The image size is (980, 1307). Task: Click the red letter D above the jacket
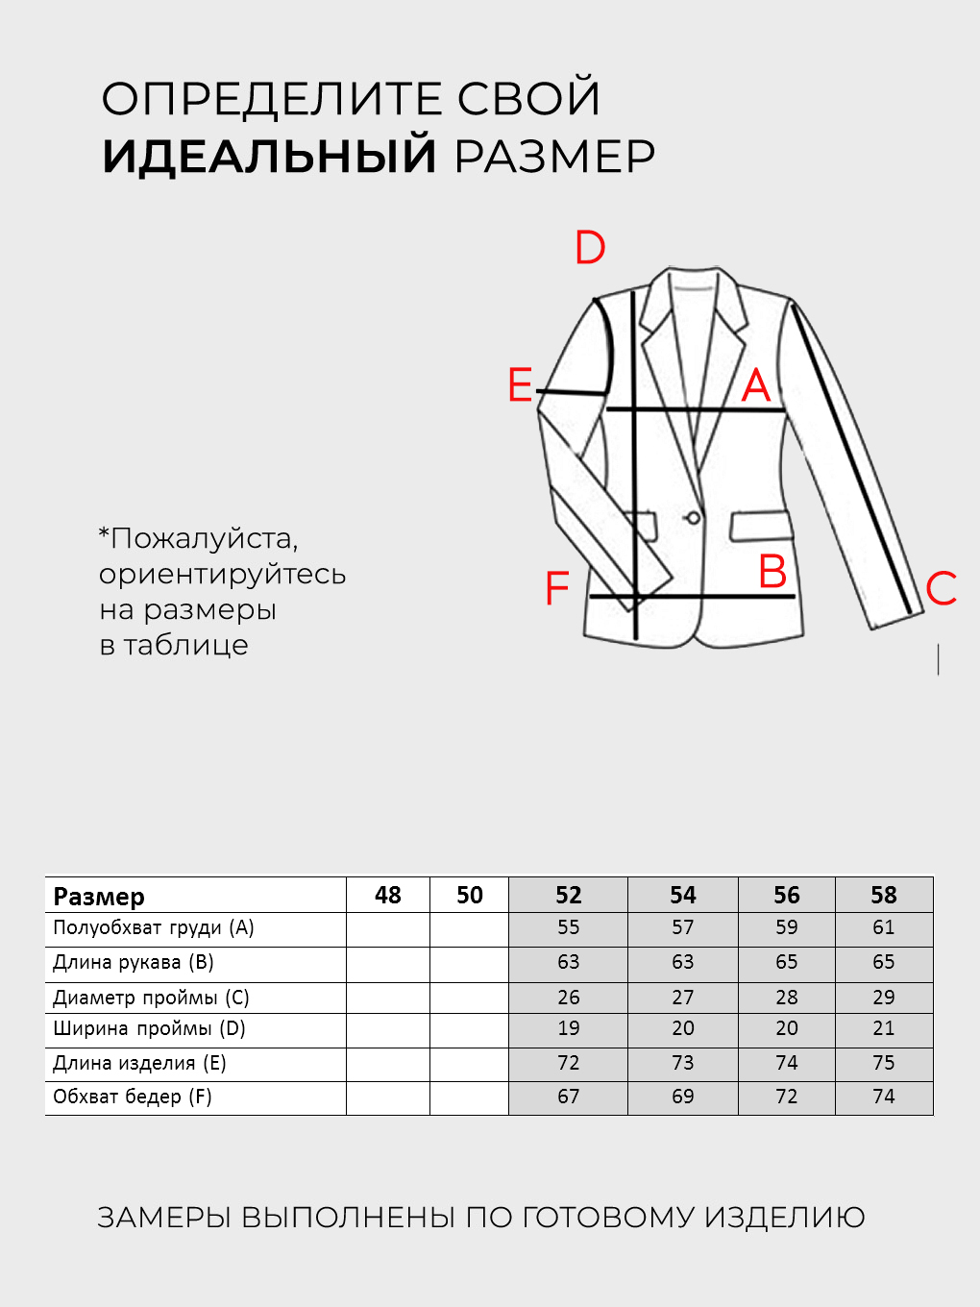[590, 248]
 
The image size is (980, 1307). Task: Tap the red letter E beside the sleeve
[520, 385]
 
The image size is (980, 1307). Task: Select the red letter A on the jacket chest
[756, 386]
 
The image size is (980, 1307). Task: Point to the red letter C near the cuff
[942, 588]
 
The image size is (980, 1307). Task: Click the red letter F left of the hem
[557, 588]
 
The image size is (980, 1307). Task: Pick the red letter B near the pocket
[772, 572]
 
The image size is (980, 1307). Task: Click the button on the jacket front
[692, 519]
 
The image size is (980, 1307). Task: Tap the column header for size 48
[387, 895]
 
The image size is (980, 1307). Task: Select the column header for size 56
[786, 895]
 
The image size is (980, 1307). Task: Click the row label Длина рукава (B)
[134, 962]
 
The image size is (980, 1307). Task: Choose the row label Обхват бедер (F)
[133, 1097]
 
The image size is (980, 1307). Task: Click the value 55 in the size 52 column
[568, 927]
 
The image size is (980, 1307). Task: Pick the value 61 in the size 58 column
[883, 927]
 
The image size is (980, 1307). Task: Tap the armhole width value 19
[568, 1028]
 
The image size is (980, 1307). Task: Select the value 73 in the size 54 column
[682, 1063]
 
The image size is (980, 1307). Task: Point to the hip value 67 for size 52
[568, 1097]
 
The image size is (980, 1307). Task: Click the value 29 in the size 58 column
[883, 998]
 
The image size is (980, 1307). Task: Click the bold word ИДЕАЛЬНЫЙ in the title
[270, 157]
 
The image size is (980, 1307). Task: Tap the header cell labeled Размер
[99, 896]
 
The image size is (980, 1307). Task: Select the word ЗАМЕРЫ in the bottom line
[163, 1218]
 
